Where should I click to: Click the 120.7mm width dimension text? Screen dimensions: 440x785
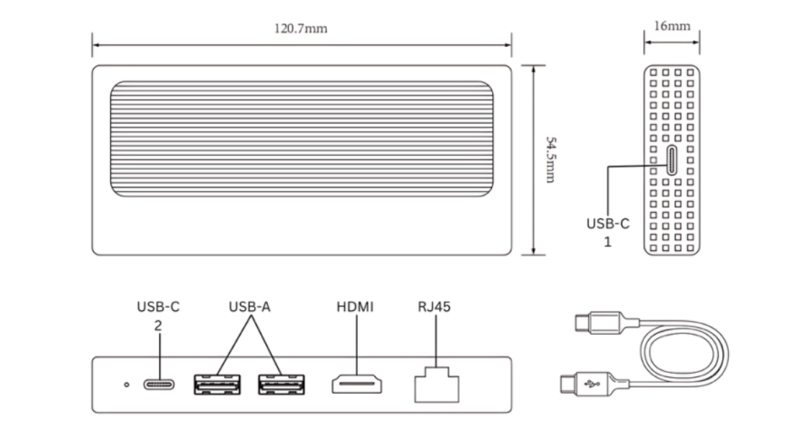[301, 30]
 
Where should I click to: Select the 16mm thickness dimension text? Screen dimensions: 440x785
[671, 27]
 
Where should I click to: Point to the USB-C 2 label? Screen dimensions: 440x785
[158, 315]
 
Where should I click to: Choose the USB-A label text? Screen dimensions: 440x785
[249, 307]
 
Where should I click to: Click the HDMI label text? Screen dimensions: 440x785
[355, 307]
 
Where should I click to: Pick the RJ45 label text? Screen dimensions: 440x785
[434, 307]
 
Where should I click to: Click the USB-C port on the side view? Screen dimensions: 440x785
[671, 160]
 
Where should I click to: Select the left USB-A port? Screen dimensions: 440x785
[217, 384]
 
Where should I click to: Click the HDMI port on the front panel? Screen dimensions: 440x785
[356, 384]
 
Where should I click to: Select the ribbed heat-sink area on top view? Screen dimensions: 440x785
[302, 138]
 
